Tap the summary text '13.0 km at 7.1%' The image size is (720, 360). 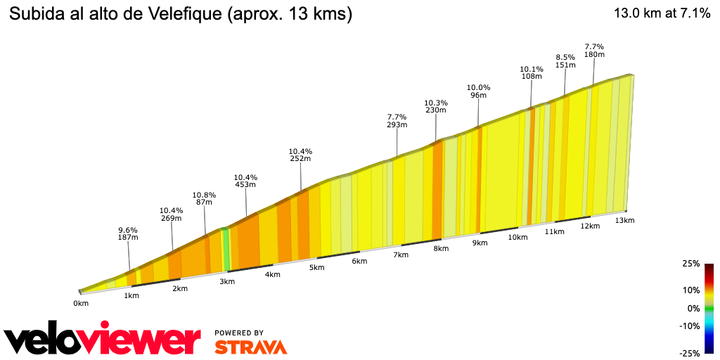point(662,13)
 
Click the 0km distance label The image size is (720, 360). point(81,304)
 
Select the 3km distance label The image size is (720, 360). point(227,281)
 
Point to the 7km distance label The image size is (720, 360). point(401,255)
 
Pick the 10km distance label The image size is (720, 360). point(517,238)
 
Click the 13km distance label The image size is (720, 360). point(624,221)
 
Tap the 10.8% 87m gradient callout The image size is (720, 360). point(204,198)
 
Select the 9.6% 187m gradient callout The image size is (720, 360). point(127,234)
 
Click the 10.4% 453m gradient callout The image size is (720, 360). point(246,181)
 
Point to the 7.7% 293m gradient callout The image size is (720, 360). point(397,121)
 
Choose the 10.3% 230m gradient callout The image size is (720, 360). point(436,106)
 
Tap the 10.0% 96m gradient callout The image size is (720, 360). point(478,91)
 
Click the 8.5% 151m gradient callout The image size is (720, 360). point(565,61)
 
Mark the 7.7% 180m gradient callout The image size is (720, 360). point(594,51)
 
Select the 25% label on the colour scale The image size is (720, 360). point(690,264)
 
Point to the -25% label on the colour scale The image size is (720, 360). point(690,353)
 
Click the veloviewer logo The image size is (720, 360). point(103,340)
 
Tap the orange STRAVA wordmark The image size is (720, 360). point(250,347)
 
